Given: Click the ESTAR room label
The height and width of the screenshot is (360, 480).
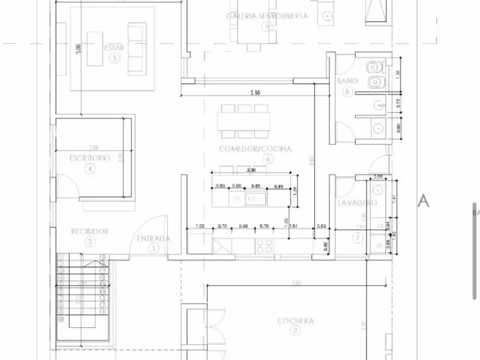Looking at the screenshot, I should [x=114, y=47].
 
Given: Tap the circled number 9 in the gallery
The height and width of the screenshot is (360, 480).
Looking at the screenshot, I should [x=267, y=26].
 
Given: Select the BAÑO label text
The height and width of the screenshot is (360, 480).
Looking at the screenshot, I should [x=347, y=81].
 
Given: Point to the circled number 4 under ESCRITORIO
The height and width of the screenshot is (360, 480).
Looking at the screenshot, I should [x=90, y=169].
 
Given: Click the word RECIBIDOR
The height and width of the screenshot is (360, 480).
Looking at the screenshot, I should [x=90, y=231].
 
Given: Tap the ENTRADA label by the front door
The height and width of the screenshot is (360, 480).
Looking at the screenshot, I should [x=154, y=239].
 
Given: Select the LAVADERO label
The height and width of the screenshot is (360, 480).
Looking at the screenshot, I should [x=357, y=203].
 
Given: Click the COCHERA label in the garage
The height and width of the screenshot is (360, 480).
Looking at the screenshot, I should [x=295, y=321].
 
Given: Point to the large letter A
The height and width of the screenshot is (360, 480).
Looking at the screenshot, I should [x=423, y=200].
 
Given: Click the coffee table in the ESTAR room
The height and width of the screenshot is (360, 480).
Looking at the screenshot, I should [x=95, y=49].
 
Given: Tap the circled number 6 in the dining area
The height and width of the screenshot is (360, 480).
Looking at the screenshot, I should [x=268, y=159].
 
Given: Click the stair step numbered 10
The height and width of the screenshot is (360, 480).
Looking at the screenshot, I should [x=61, y=319].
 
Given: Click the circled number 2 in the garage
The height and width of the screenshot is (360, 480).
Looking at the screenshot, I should [x=295, y=331].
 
